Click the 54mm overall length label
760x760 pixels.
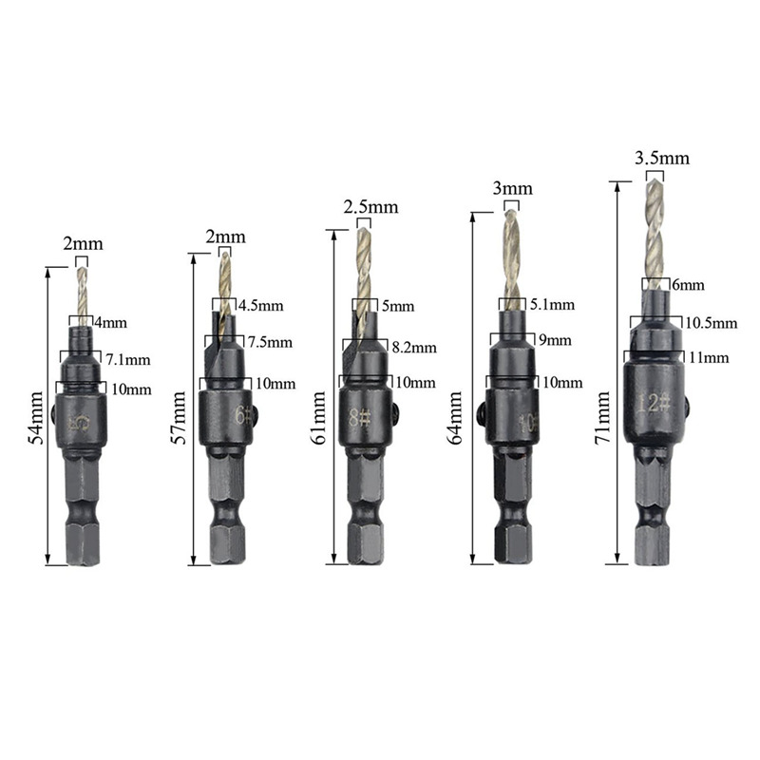pos(36,419)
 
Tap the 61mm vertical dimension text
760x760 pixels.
pos(320,419)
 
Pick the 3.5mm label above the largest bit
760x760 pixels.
pos(662,158)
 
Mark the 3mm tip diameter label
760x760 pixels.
pos(512,189)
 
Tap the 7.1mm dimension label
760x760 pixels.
pos(129,359)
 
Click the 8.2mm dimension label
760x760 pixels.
pos(413,348)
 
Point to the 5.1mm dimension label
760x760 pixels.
pos(552,305)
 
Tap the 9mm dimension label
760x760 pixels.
pos(550,340)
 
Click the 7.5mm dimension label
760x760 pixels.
pos(270,342)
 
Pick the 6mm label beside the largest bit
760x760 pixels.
pos(688,284)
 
